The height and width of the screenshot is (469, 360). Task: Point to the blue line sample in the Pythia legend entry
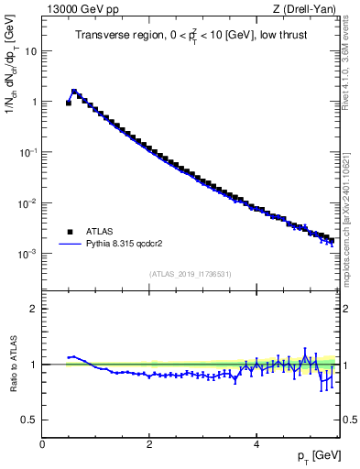[x=69, y=245]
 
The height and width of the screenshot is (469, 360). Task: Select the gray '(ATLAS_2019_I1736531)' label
[x=191, y=273]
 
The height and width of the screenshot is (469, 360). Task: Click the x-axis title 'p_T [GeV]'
[x=313, y=455]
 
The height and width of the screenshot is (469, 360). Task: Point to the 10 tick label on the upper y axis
[x=29, y=51]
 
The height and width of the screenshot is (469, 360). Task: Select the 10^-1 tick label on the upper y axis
[x=27, y=152]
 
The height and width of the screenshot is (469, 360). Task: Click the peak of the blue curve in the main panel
[x=74, y=91]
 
